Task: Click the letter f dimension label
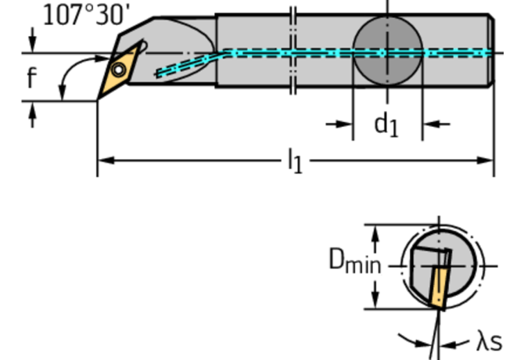tap(31, 78)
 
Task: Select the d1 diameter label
tap(385, 124)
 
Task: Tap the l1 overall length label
tap(294, 161)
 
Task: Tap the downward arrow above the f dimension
tap(32, 43)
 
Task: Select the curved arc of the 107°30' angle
tap(65, 78)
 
